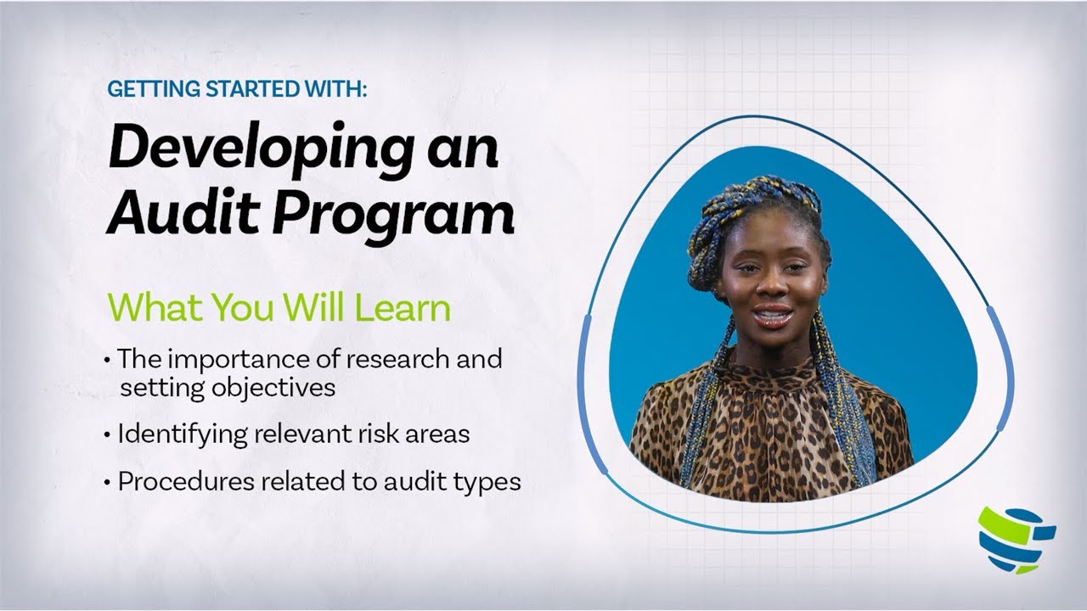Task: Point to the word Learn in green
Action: point(403,308)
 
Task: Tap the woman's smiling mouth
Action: point(772,316)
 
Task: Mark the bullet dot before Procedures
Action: point(107,482)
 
